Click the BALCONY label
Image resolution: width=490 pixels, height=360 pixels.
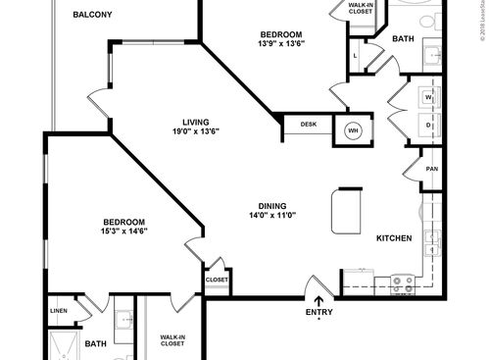coord(91,15)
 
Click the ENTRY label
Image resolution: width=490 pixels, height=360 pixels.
coord(319,314)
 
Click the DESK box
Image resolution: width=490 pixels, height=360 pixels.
coord(309,125)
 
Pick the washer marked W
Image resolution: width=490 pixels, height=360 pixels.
coord(429,99)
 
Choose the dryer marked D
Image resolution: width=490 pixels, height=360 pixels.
coord(429,125)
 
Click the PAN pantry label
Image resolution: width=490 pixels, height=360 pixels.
coord(431,169)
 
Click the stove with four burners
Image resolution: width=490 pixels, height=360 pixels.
coord(403,284)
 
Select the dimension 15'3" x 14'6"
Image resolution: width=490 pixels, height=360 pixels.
coord(124,231)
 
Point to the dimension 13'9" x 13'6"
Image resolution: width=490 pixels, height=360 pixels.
coord(281,43)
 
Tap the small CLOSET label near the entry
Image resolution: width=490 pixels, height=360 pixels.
coord(217,280)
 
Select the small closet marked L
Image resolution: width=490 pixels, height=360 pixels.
coord(354,57)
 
